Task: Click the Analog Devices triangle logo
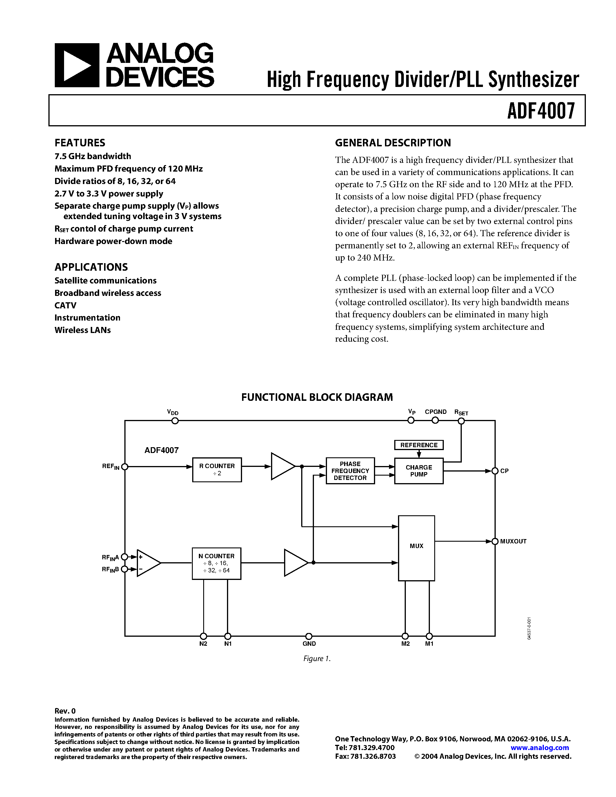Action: (77, 65)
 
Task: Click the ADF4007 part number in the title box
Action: (541, 111)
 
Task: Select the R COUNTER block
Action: (217, 470)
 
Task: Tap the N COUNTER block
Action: (217, 563)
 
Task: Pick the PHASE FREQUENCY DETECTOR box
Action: (350, 471)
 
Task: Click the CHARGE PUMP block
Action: (419, 471)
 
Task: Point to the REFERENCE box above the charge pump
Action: (419, 445)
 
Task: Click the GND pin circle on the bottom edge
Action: (309, 636)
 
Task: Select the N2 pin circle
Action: (203, 636)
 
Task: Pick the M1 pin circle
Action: (429, 636)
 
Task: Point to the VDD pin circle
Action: (175, 421)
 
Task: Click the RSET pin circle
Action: (461, 421)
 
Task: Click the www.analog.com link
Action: (539, 747)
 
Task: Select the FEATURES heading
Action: (80, 143)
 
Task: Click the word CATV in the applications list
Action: (66, 305)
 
